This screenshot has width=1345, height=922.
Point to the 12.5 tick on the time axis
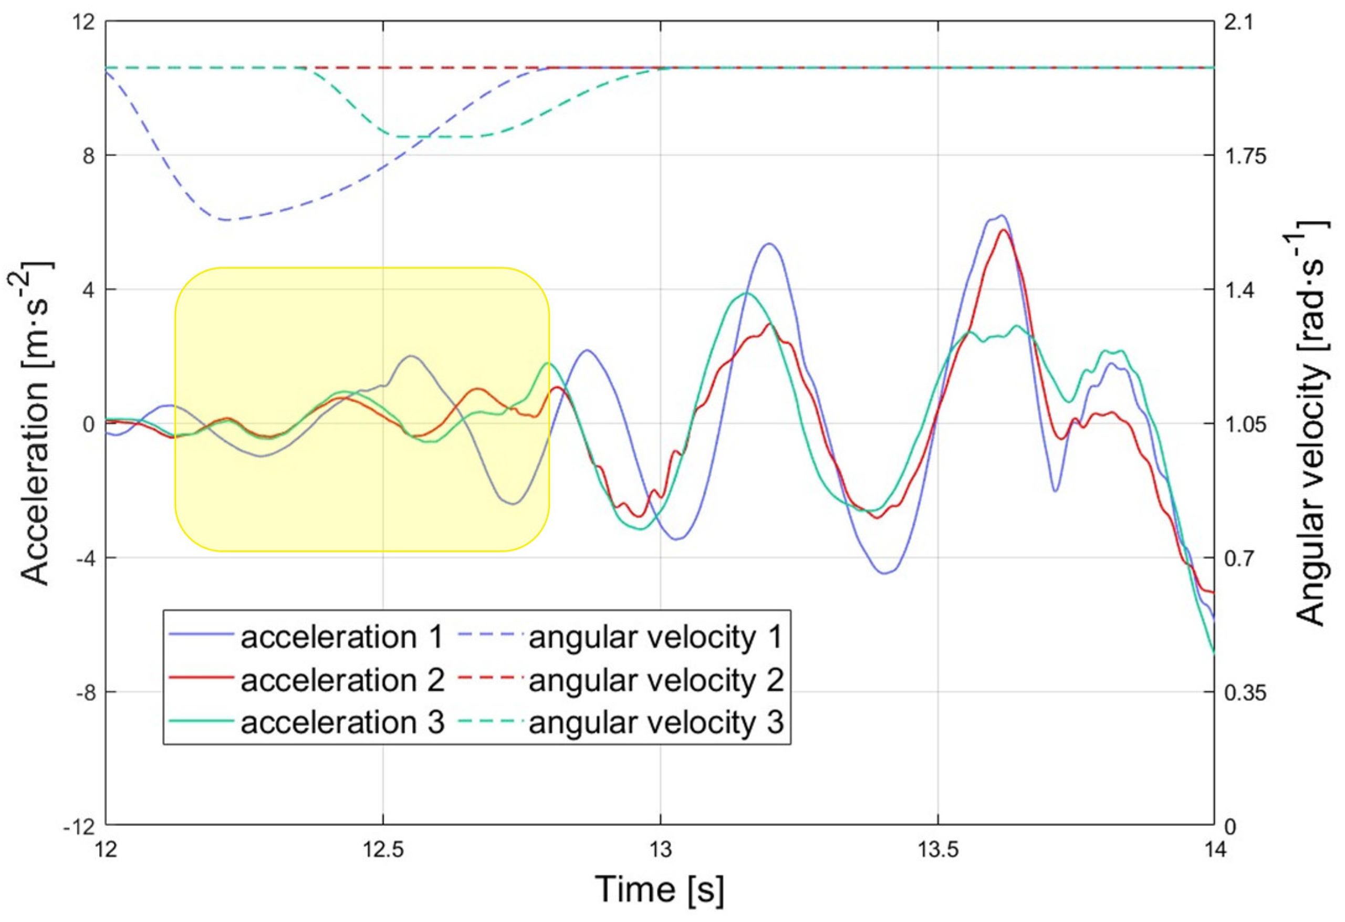click(x=383, y=850)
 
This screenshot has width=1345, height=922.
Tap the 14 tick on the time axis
click(x=1214, y=850)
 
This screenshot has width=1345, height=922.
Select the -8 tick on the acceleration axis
click(x=85, y=692)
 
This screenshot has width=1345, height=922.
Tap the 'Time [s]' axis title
click(x=659, y=889)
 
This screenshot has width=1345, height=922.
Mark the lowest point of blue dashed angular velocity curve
click(x=227, y=220)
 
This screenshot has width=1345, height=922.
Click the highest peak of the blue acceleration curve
click(x=1000, y=215)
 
